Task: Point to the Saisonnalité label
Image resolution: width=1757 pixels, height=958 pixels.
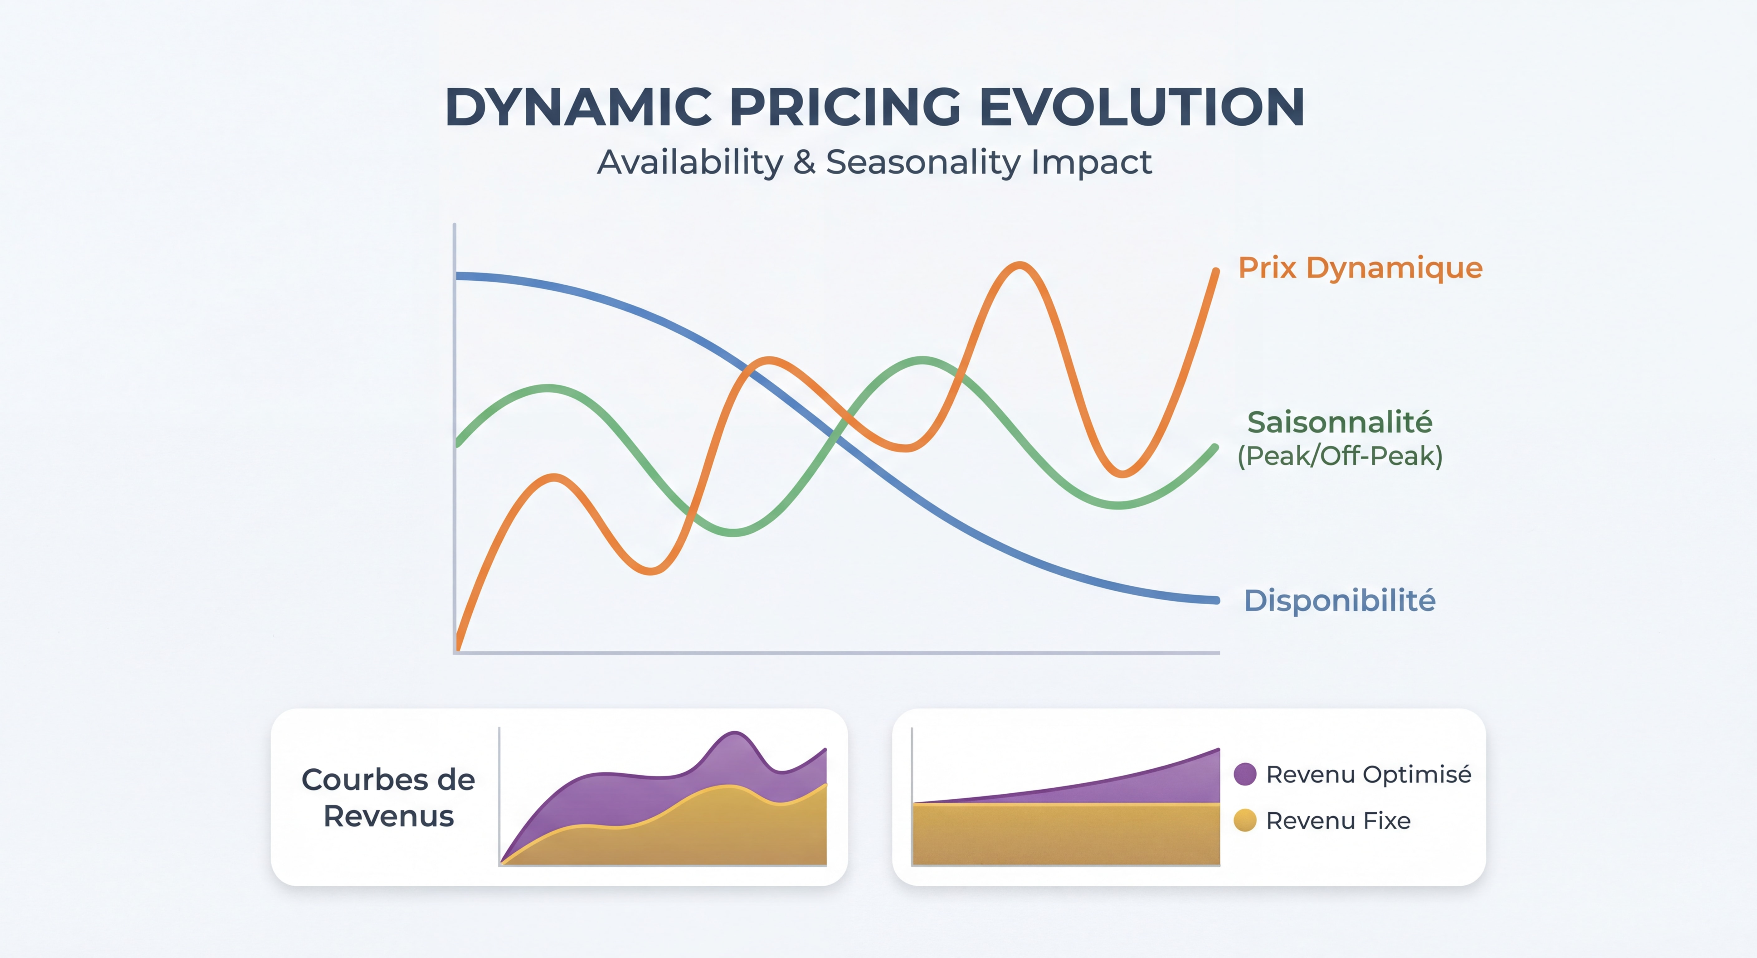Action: pyautogui.click(x=1340, y=422)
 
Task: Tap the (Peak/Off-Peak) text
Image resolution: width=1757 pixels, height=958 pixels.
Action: pyautogui.click(x=1340, y=456)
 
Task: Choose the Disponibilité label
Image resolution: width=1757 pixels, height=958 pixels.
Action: pyautogui.click(x=1340, y=601)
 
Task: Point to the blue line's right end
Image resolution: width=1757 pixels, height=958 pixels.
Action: pyautogui.click(x=1216, y=600)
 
